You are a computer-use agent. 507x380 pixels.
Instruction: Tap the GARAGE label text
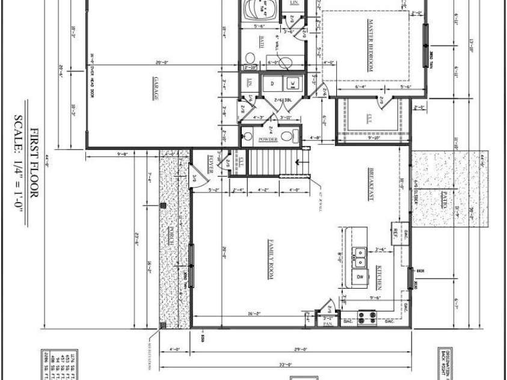point(155,88)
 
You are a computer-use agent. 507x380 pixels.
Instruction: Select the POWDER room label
point(268,139)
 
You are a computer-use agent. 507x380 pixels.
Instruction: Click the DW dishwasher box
point(360,277)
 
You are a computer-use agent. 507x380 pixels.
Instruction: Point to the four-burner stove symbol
point(366,317)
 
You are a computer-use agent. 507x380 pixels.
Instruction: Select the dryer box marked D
point(272,82)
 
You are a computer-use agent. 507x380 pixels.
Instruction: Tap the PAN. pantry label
point(328,324)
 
